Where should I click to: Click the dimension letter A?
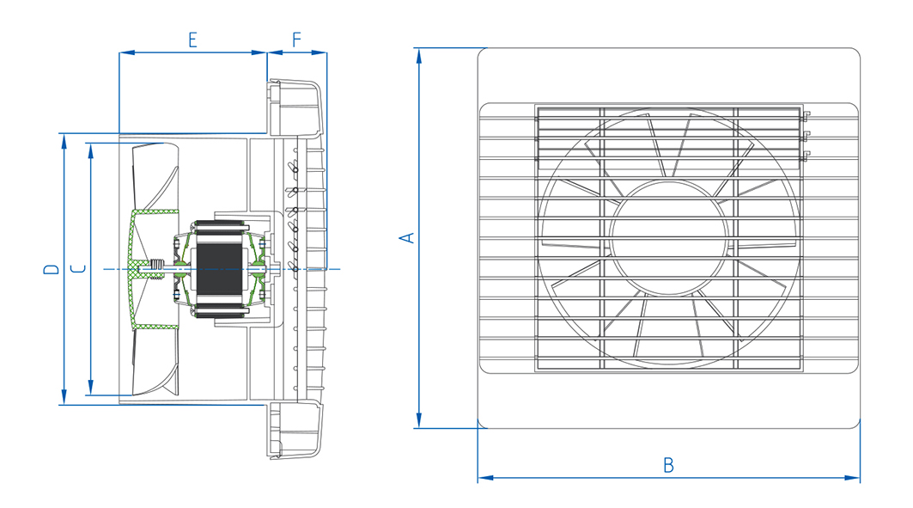(x=410, y=237)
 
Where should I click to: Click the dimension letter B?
(x=668, y=465)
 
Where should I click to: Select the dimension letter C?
(x=78, y=269)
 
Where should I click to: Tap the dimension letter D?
(x=52, y=269)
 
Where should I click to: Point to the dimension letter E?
(x=192, y=40)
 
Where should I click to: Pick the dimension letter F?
(x=296, y=40)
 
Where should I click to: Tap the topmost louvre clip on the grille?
(x=806, y=115)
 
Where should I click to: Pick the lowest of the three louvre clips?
(x=806, y=156)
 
